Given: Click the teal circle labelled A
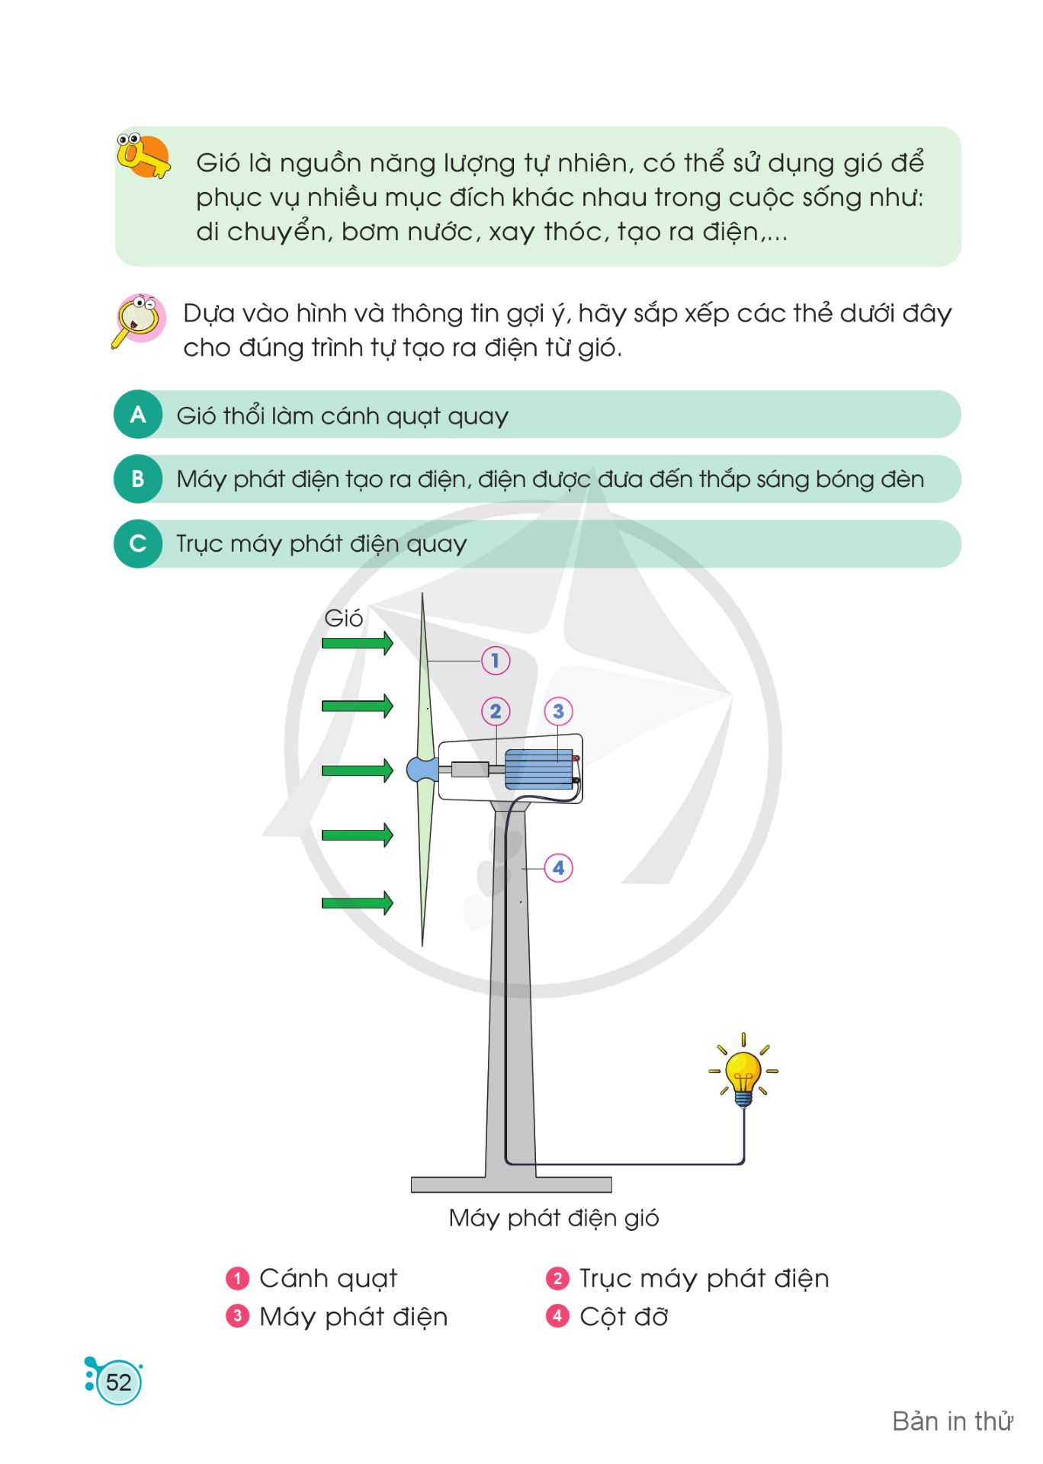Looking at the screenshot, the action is (x=138, y=415).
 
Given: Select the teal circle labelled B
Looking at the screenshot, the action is (x=138, y=479).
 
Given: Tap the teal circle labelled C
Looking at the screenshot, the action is (x=138, y=543).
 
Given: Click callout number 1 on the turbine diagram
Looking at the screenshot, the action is (x=495, y=660).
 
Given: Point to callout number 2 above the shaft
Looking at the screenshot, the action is (x=496, y=711).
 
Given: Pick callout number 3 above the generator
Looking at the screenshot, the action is (x=558, y=711).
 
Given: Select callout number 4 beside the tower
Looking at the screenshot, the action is (x=558, y=867).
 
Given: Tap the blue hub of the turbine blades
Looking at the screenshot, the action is (x=422, y=770).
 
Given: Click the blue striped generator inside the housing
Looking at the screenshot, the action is (x=539, y=768).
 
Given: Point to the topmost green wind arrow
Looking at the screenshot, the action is (x=357, y=642).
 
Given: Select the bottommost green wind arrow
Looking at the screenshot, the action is (x=357, y=903).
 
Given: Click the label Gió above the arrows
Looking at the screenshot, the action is (x=344, y=617).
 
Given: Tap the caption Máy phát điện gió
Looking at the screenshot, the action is (x=554, y=1218).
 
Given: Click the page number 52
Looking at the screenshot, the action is (x=118, y=1382).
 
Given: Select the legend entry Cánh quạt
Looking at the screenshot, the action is (x=328, y=1278).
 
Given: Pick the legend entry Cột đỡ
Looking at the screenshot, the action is (x=624, y=1316).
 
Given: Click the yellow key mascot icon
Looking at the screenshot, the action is (x=143, y=155).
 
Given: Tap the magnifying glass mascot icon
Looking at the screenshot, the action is (x=138, y=319).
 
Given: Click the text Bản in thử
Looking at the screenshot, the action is (x=952, y=1421).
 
